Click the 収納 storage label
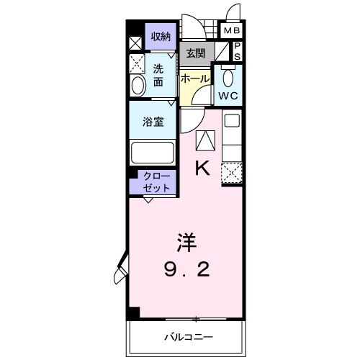pos(161,36)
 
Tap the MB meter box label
pos(230,31)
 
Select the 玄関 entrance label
pos(195,53)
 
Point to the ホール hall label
pos(195,78)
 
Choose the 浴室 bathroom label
pos(153,122)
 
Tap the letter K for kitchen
pos(203,168)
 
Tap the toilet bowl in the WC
pos(230,78)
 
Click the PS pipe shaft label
pos(237,52)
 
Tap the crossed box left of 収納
pos(135,42)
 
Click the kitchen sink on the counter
pos(231,121)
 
